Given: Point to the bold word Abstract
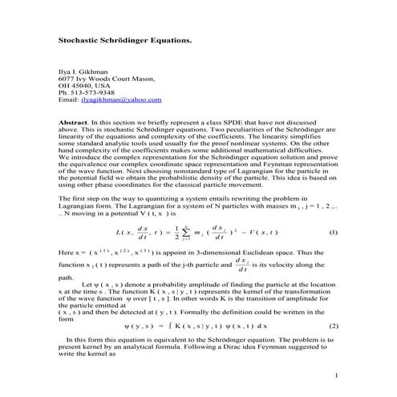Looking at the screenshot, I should (74, 123).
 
